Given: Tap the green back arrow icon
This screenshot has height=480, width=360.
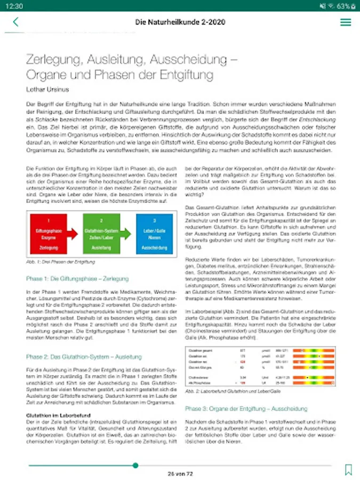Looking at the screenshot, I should coord(15,22).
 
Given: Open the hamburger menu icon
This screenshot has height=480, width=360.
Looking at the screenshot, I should coord(345,22).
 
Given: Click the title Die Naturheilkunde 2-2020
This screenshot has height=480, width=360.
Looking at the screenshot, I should coord(180,22).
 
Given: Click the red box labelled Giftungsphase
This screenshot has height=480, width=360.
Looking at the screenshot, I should coord(49,234).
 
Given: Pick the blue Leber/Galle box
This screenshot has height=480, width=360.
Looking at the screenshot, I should coord(154,234).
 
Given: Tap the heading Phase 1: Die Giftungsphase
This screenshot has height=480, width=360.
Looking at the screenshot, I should coord(77,278).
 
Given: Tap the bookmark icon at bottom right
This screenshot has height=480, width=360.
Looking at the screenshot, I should coord(348,469).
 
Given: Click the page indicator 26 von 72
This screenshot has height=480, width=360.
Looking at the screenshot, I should coord(180,473).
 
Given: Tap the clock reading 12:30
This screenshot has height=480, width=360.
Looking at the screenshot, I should coord(16,6).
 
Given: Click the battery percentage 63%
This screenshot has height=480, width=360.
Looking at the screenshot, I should coord(344,6).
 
